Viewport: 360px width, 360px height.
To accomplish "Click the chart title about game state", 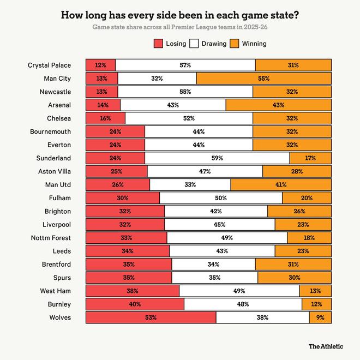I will point(180,15).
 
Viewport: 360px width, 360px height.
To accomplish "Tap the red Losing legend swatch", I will point(159,44).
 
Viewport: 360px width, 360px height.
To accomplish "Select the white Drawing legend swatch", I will point(195,44).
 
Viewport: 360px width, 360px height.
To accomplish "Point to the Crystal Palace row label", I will point(49,65).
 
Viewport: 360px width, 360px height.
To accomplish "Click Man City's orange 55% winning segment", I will point(264,79).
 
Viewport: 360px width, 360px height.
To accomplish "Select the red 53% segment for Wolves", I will point(151,317).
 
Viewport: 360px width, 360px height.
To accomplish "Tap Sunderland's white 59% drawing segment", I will point(217,158).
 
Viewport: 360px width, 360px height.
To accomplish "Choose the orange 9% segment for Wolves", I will point(320,317).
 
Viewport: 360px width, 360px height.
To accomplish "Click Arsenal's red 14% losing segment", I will point(103,105).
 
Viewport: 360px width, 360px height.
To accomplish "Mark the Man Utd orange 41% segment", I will point(281,184).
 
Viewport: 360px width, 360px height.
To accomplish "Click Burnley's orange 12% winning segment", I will point(316,304).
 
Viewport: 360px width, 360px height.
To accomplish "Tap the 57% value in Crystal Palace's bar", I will point(185,65).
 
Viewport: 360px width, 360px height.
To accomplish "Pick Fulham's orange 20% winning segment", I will point(307,198).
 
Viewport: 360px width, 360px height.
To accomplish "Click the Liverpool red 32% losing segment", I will point(125,224).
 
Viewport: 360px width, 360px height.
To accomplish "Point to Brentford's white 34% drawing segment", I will point(213,265).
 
